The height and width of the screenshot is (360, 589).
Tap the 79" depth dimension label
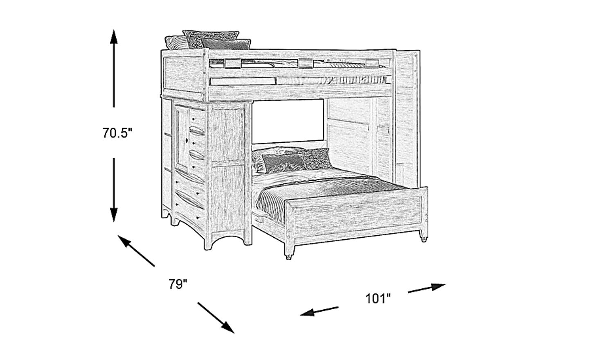[x=178, y=284]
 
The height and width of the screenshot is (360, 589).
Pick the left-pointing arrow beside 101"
[x=319, y=311]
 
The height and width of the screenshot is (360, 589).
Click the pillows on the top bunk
[x=209, y=40]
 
